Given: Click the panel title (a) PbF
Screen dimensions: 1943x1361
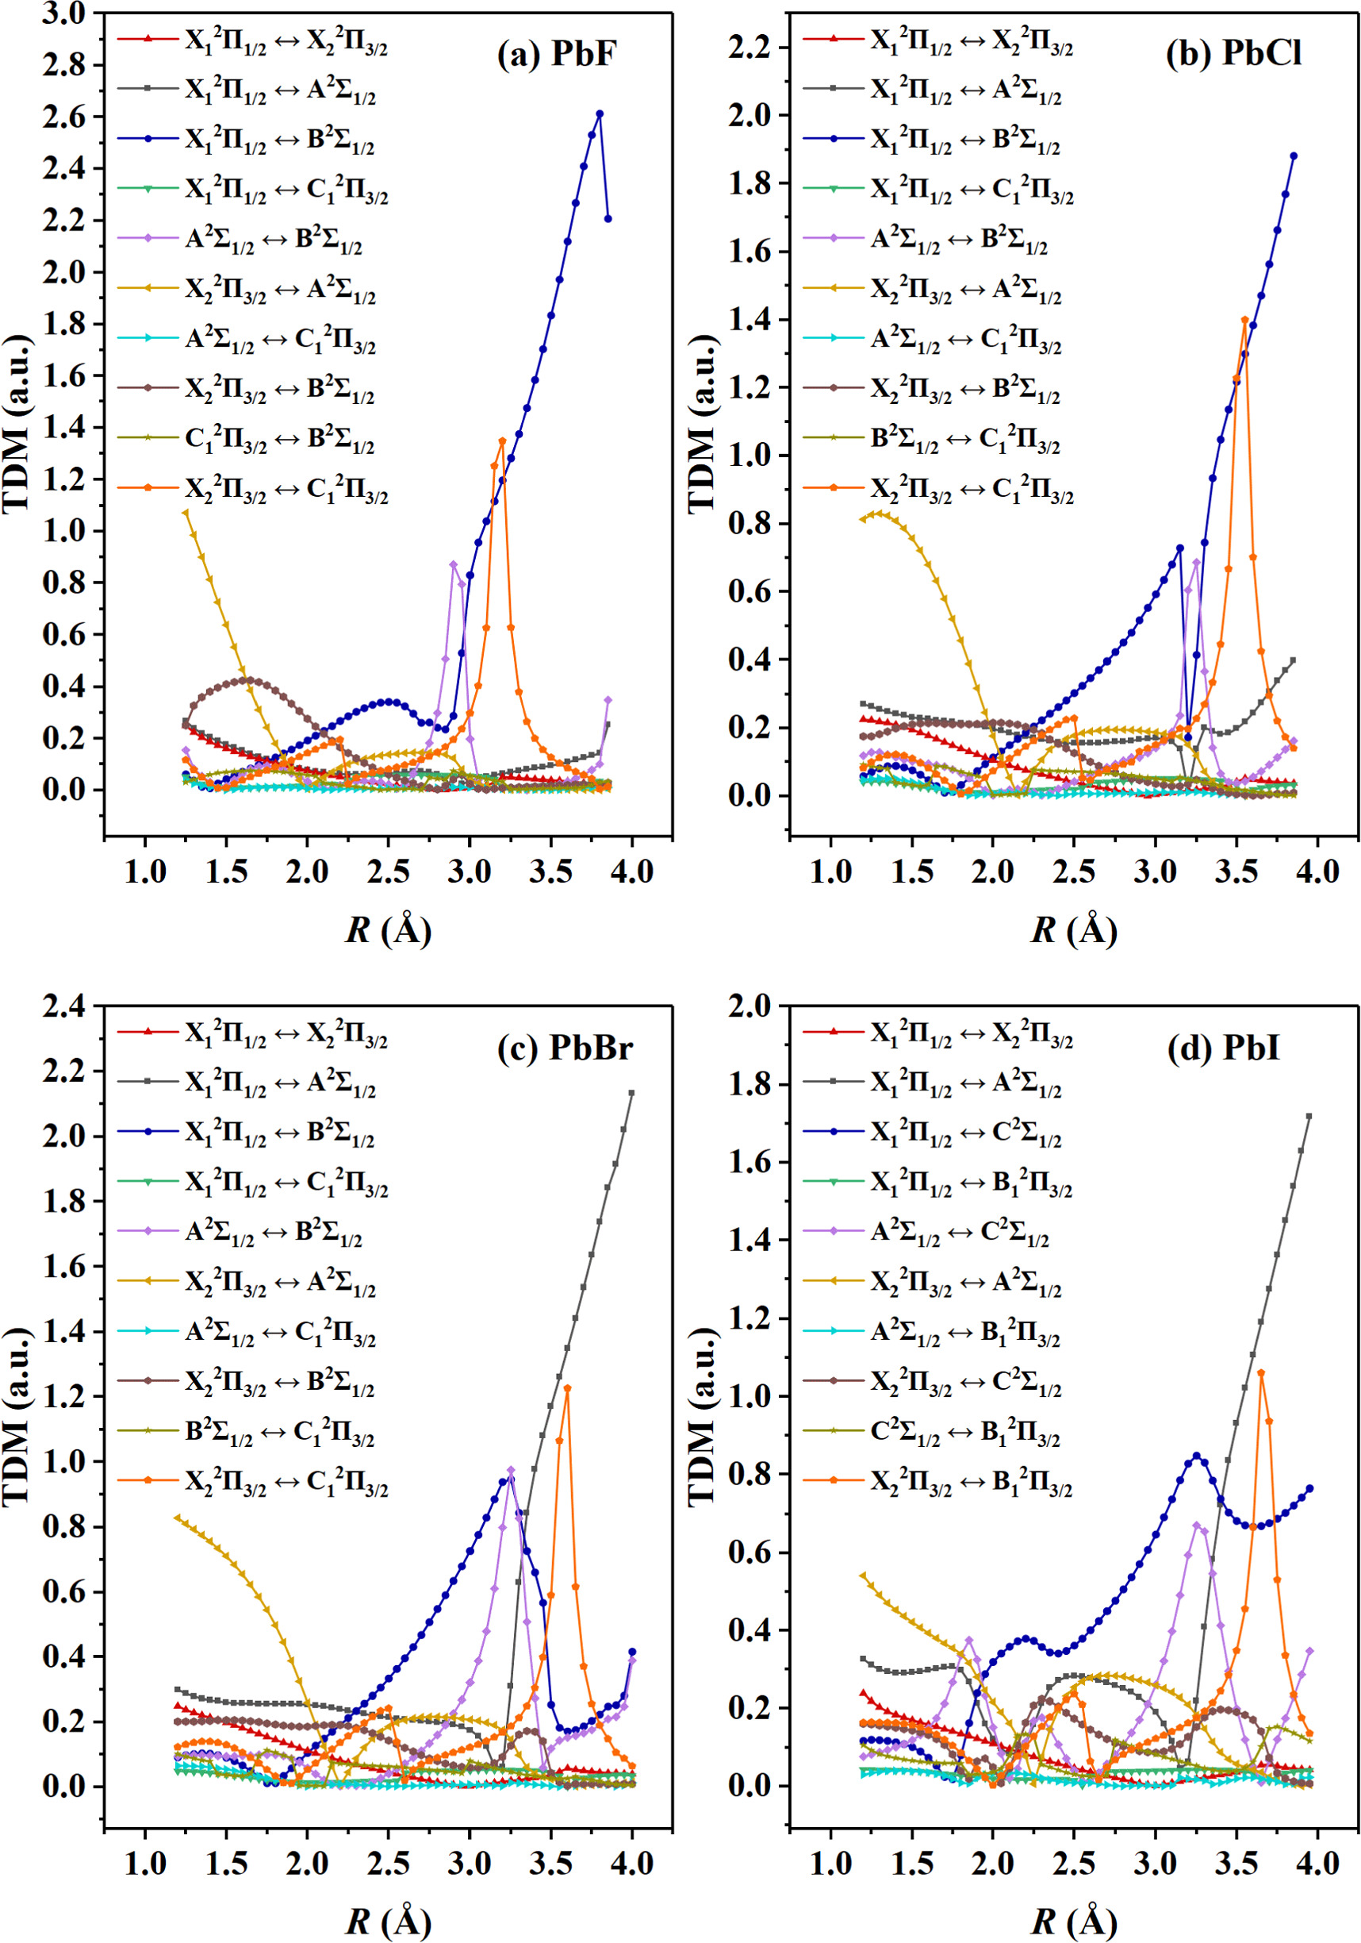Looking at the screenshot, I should pos(557,54).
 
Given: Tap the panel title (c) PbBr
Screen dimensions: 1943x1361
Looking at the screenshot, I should pos(565,1048).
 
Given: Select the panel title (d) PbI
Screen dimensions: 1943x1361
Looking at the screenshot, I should pos(1223,1048).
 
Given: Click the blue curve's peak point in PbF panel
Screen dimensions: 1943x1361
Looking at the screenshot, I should pos(600,114).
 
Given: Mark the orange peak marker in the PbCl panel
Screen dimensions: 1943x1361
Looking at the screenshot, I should pos(1244,320).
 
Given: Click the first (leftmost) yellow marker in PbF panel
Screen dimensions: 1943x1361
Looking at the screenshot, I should pos(186,513).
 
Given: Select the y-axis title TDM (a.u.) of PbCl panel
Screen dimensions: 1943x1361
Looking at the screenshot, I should pos(703,423).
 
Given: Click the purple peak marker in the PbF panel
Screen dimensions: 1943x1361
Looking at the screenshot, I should pos(454,564).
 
